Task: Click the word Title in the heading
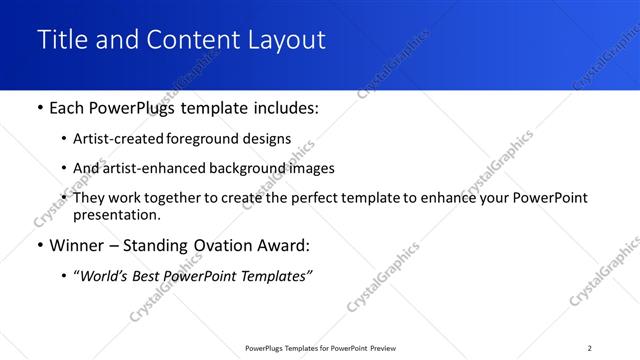point(63,40)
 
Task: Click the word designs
point(269,140)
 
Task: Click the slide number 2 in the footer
point(590,348)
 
